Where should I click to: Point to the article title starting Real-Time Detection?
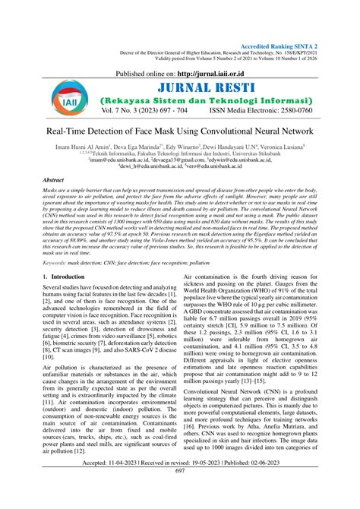[x=180, y=153]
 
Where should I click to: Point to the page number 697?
[x=180, y=492]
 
